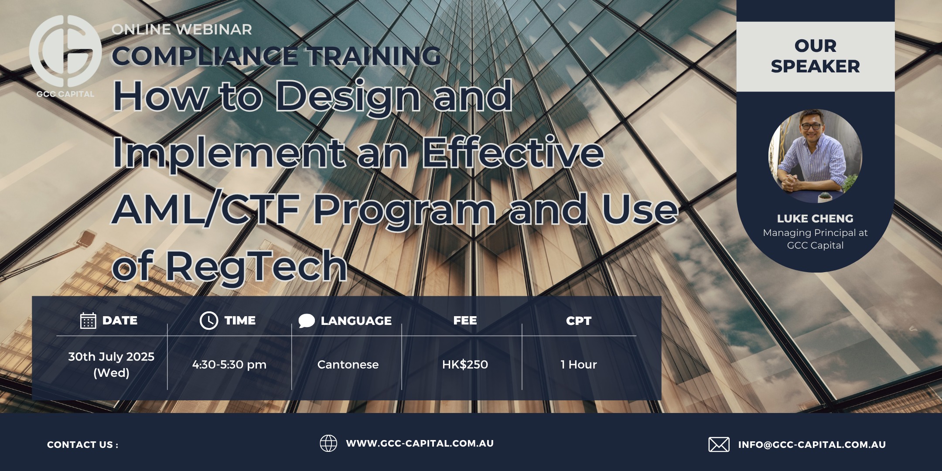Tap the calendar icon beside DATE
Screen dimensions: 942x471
(88, 321)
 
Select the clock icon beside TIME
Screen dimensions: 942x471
(209, 321)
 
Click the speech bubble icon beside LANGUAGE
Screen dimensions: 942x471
(307, 321)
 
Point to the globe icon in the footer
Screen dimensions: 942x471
(328, 444)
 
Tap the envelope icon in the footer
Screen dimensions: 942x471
(719, 444)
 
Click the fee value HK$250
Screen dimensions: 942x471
(465, 365)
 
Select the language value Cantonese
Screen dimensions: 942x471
(348, 365)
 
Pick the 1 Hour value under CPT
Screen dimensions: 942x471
(579, 365)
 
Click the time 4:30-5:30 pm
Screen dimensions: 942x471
(229, 365)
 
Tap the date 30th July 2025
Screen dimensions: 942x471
(111, 357)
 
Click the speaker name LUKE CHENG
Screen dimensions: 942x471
(815, 218)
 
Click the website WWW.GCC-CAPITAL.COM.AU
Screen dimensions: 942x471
(420, 444)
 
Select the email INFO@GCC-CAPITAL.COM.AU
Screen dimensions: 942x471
(812, 445)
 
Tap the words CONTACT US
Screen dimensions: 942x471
(80, 445)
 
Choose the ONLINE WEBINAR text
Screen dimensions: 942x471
(182, 29)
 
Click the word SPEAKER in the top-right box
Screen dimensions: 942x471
(815, 67)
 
